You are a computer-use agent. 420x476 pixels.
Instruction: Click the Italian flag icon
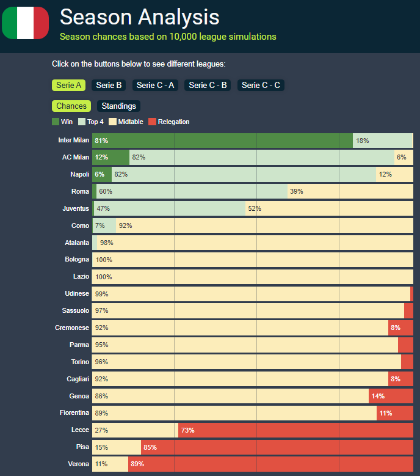[x=26, y=23]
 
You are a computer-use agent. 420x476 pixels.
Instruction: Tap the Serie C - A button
[x=156, y=86]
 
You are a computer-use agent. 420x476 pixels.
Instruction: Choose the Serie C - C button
[x=261, y=86]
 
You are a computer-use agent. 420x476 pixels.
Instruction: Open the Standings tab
[x=118, y=106]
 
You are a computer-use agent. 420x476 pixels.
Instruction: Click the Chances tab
[x=71, y=106]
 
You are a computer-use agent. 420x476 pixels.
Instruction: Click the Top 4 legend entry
[x=91, y=122]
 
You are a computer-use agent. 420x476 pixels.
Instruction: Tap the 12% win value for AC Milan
[x=101, y=158]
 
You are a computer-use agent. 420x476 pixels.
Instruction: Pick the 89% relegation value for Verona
[x=137, y=464]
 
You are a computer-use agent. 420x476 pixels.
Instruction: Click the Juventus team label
[x=76, y=208]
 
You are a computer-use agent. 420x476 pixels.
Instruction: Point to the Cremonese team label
[x=72, y=328]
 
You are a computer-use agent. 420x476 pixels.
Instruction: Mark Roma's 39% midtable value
[x=297, y=191]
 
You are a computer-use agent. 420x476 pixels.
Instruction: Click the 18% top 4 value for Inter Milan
[x=363, y=141]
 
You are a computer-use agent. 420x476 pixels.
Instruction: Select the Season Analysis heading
[x=139, y=16]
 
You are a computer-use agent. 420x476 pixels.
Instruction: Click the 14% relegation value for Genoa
[x=378, y=396]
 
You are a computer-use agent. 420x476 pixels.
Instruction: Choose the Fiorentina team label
[x=74, y=413]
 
